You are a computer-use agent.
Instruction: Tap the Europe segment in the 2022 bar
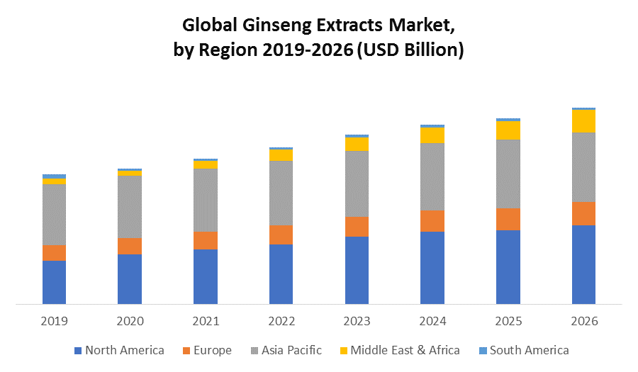281,235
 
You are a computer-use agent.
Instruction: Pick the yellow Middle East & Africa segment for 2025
508,130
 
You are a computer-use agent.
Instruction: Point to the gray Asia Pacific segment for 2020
130,206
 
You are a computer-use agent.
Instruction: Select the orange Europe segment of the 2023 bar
357,226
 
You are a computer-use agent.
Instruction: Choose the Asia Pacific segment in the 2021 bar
206,200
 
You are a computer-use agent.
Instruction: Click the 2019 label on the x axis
54,321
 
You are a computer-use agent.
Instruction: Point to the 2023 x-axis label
357,321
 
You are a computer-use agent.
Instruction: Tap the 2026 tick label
583,321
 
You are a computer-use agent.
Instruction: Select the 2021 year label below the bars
206,321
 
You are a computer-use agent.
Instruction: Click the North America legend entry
124,350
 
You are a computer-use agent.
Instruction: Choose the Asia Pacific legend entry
291,350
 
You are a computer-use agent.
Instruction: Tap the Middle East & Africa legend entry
405,350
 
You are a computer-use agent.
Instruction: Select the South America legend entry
529,350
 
